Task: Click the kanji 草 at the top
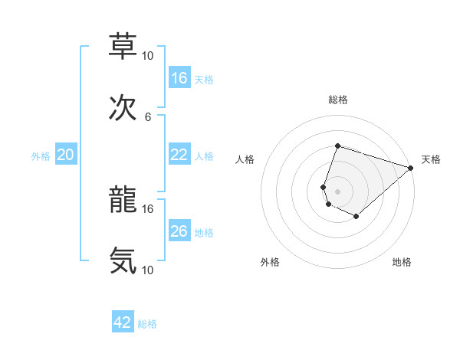pyautogui.click(x=123, y=46)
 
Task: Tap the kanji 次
pyautogui.click(x=123, y=110)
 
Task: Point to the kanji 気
pyautogui.click(x=123, y=261)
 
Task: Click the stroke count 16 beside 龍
pyautogui.click(x=148, y=208)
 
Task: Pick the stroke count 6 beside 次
pyautogui.click(x=148, y=116)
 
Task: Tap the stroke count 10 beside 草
pyautogui.click(x=148, y=55)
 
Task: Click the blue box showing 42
pyautogui.click(x=123, y=322)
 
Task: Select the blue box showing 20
pyautogui.click(x=65, y=155)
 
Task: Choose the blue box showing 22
pyautogui.click(x=179, y=155)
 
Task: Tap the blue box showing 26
pyautogui.click(x=179, y=231)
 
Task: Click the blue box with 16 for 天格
pyautogui.click(x=179, y=77)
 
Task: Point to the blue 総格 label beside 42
pyautogui.click(x=147, y=324)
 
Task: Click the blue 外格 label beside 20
pyautogui.click(x=41, y=155)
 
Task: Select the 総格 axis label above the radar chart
pyautogui.click(x=337, y=100)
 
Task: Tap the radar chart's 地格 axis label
pyautogui.click(x=402, y=263)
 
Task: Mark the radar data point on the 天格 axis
pyautogui.click(x=411, y=169)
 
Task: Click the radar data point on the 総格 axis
pyautogui.click(x=337, y=146)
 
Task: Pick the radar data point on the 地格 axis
pyautogui.click(x=356, y=217)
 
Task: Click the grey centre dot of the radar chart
pyautogui.click(x=337, y=190)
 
